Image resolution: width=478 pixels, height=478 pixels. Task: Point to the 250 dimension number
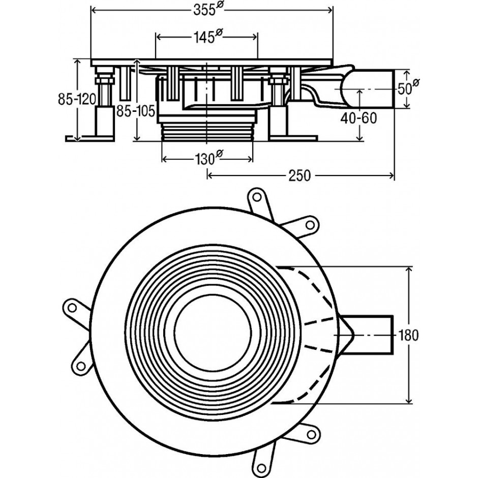tap(300, 176)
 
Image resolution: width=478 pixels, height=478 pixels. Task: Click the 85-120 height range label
tap(77, 99)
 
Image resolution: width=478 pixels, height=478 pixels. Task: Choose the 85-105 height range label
tap(136, 111)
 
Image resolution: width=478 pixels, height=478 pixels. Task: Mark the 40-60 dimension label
tap(358, 118)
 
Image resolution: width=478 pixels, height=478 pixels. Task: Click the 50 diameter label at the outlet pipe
tap(408, 88)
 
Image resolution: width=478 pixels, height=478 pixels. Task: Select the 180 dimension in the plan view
tap(408, 335)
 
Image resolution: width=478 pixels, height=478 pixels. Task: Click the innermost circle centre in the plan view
tap(213, 333)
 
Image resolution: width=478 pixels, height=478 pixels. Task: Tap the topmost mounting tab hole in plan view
tap(257, 197)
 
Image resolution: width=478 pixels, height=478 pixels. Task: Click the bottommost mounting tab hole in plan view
tap(261, 468)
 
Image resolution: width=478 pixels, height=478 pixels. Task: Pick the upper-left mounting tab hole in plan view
tap(72, 308)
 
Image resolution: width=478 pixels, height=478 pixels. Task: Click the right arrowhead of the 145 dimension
tap(255, 37)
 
